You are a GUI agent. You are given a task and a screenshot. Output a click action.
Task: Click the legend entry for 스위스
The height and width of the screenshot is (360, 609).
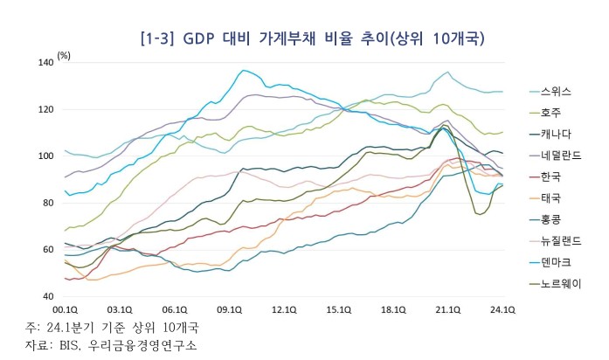556,90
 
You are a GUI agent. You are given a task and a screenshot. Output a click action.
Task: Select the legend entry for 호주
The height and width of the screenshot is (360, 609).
551,112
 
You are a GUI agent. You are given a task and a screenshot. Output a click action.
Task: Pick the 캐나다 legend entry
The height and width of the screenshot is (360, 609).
556,134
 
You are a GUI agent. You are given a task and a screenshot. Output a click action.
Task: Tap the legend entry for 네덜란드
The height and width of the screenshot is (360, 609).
559,155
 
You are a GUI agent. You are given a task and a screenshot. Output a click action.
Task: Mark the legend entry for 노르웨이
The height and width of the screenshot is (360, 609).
559,283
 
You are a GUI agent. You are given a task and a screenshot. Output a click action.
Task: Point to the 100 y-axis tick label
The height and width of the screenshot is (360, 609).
46,156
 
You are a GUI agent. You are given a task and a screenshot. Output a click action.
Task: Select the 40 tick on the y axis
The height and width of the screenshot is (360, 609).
49,296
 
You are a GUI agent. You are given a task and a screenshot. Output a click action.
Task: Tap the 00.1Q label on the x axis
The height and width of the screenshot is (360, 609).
66,309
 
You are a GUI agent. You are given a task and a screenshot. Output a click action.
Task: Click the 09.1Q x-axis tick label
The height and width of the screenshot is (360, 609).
229,309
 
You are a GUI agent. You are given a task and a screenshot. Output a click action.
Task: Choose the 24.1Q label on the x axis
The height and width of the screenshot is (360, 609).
502,309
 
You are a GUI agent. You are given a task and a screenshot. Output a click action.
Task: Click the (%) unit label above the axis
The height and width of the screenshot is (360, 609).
64,55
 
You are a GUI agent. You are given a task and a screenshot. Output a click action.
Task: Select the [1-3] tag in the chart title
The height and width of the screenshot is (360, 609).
157,39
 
